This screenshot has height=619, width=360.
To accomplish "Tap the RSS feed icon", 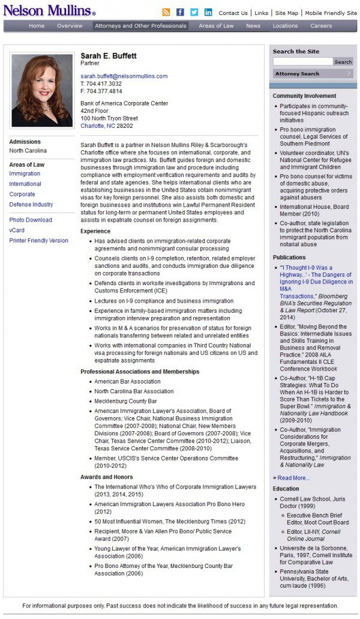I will click(x=166, y=12).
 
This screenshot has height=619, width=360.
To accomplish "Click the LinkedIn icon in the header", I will click(x=208, y=12).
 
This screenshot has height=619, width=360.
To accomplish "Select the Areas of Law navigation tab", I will click(x=216, y=26).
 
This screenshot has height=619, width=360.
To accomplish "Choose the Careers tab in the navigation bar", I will click(x=321, y=26).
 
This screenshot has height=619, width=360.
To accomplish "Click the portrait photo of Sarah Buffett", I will click(x=42, y=90).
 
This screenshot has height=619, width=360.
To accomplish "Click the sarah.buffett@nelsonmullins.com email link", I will click(x=124, y=76).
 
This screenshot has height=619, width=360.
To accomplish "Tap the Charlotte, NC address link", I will click(x=98, y=126).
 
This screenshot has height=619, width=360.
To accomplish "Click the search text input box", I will click(x=302, y=62).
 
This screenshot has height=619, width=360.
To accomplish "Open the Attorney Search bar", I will click(x=313, y=74).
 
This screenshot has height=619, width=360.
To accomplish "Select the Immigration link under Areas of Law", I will click(x=25, y=174).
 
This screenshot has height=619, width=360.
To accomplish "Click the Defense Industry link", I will click(x=31, y=205).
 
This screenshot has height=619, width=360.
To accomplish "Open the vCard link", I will click(x=17, y=231).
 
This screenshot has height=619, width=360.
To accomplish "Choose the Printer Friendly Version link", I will click(x=38, y=241).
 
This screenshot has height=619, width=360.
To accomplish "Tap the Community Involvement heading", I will click(x=304, y=96).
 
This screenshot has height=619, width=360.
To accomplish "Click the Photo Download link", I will click(x=31, y=220).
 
